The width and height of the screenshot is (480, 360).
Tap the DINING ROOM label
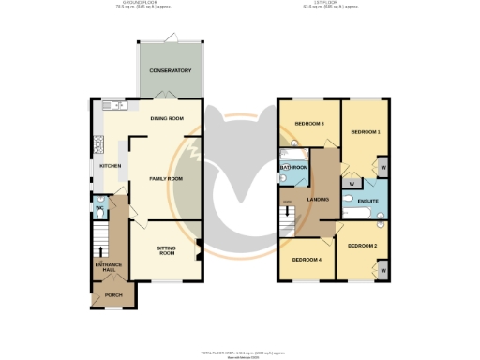tap(166, 118)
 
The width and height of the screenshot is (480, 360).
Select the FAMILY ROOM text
tap(166, 177)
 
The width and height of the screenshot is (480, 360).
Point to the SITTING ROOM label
tap(166, 250)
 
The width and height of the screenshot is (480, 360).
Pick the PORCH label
tap(113, 295)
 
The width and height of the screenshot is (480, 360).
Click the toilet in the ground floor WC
tap(100, 212)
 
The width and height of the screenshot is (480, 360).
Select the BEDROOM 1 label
tap(365, 132)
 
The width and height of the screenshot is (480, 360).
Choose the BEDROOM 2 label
tap(361, 245)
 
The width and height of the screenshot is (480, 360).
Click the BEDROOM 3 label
tap(309, 124)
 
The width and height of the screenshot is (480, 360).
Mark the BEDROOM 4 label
tap(306, 259)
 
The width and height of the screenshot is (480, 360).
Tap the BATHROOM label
tap(294, 167)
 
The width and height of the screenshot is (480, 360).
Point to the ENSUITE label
tap(367, 201)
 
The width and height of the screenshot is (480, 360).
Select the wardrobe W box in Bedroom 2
tap(383, 270)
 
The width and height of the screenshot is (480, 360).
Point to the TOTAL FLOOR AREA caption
tap(239, 352)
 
